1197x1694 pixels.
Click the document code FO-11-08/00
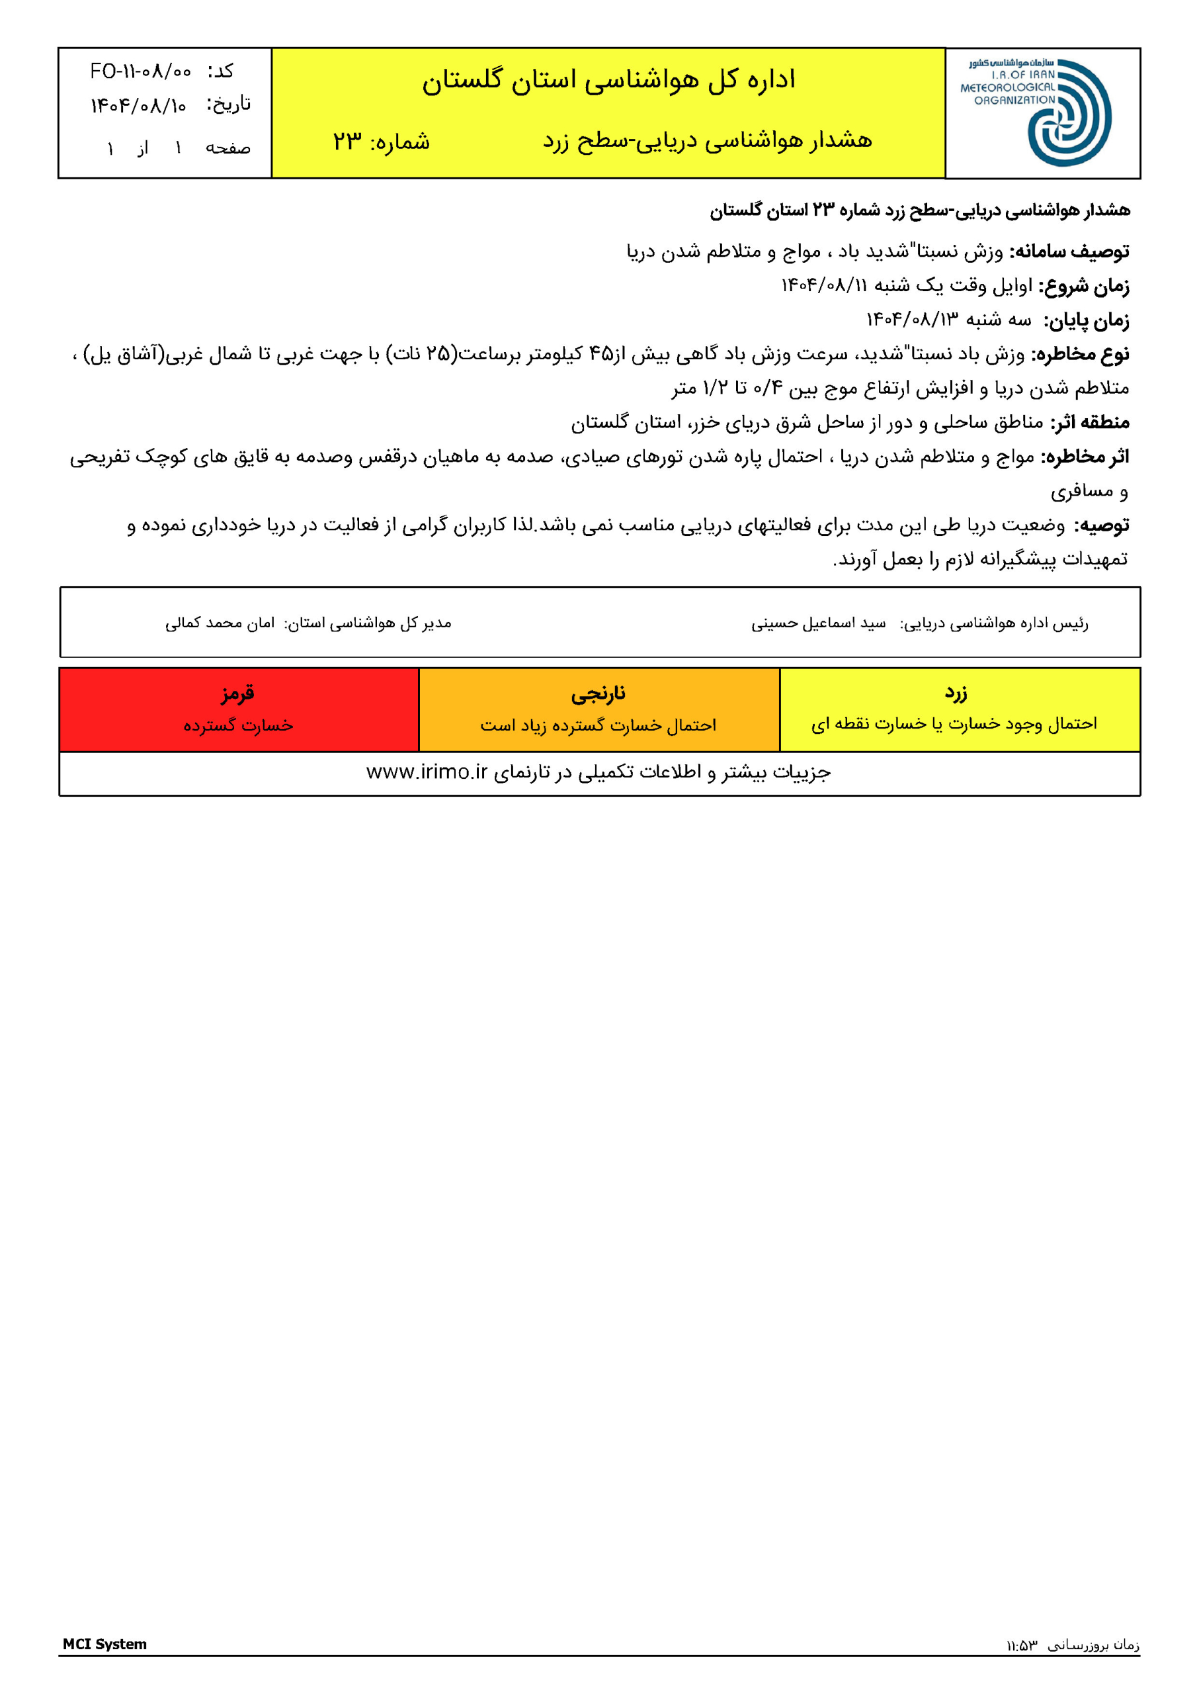click(140, 71)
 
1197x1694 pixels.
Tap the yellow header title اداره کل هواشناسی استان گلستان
click(608, 79)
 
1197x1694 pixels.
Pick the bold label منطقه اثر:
click(1089, 423)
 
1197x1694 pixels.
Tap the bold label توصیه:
click(1101, 525)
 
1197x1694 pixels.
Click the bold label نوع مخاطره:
click(1080, 354)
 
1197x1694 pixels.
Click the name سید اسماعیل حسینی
click(818, 623)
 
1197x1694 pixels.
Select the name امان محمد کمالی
click(220, 623)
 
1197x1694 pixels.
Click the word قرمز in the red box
click(237, 693)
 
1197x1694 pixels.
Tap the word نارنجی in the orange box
click(598, 693)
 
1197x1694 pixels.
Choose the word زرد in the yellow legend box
click(956, 692)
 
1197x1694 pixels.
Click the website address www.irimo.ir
click(427, 772)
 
